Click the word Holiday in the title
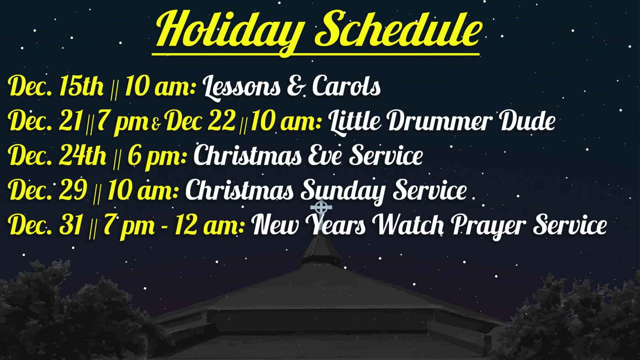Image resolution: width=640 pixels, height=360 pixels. click(x=228, y=32)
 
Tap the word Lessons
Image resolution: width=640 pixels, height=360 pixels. click(x=241, y=87)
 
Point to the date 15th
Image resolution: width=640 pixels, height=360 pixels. click(x=81, y=86)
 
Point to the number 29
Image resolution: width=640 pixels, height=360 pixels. click(x=73, y=190)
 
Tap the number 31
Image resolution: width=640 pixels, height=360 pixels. click(x=71, y=224)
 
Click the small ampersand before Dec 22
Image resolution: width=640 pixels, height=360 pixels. click(x=155, y=125)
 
